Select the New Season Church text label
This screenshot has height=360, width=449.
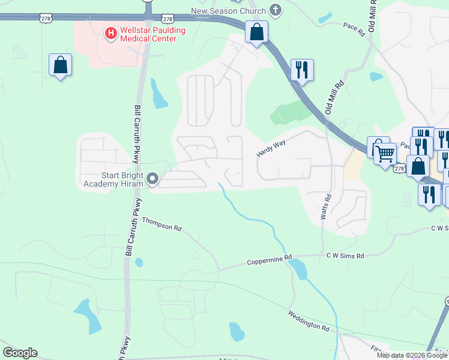pyautogui.click(x=228, y=10)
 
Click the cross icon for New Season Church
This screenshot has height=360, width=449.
pyautogui.click(x=276, y=10)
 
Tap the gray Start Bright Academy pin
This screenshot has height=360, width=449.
pyautogui.click(x=152, y=179)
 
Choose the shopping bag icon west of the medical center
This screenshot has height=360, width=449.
pyautogui.click(x=61, y=65)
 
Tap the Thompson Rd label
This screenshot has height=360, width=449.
pyautogui.click(x=161, y=224)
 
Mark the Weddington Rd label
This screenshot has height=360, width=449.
pyautogui.click(x=309, y=321)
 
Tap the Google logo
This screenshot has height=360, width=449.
pyautogui.click(x=20, y=353)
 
